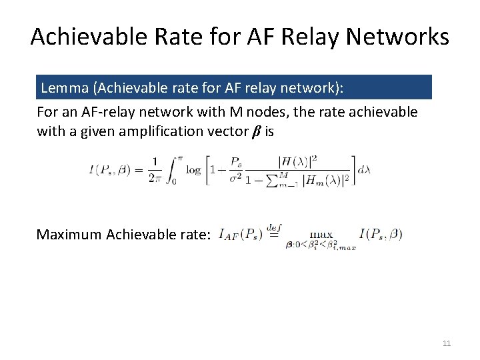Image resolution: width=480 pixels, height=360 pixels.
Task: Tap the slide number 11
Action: (447, 343)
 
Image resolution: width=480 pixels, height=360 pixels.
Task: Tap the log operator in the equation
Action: (193, 169)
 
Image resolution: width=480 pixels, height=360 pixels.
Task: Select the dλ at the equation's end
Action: (364, 169)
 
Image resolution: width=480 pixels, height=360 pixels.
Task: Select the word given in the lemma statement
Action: (97, 131)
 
